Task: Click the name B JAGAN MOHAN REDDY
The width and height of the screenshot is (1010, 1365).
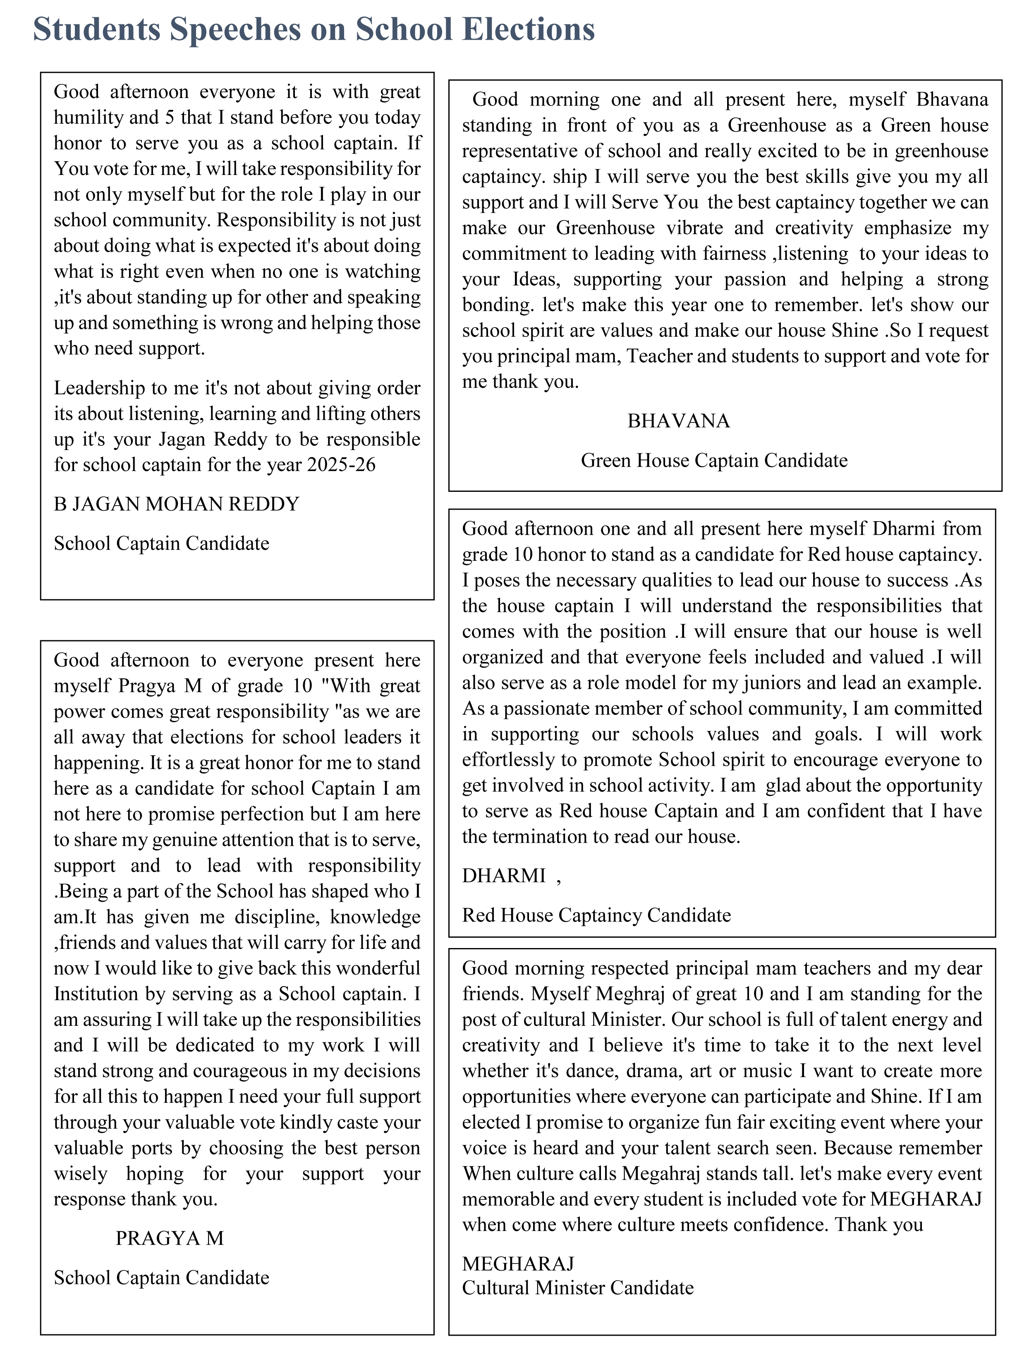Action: (177, 504)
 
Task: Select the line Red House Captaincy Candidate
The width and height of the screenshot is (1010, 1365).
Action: (596, 915)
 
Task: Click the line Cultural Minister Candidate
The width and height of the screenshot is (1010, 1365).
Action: (578, 1288)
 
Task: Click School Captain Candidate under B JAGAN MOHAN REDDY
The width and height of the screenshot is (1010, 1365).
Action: (161, 544)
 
